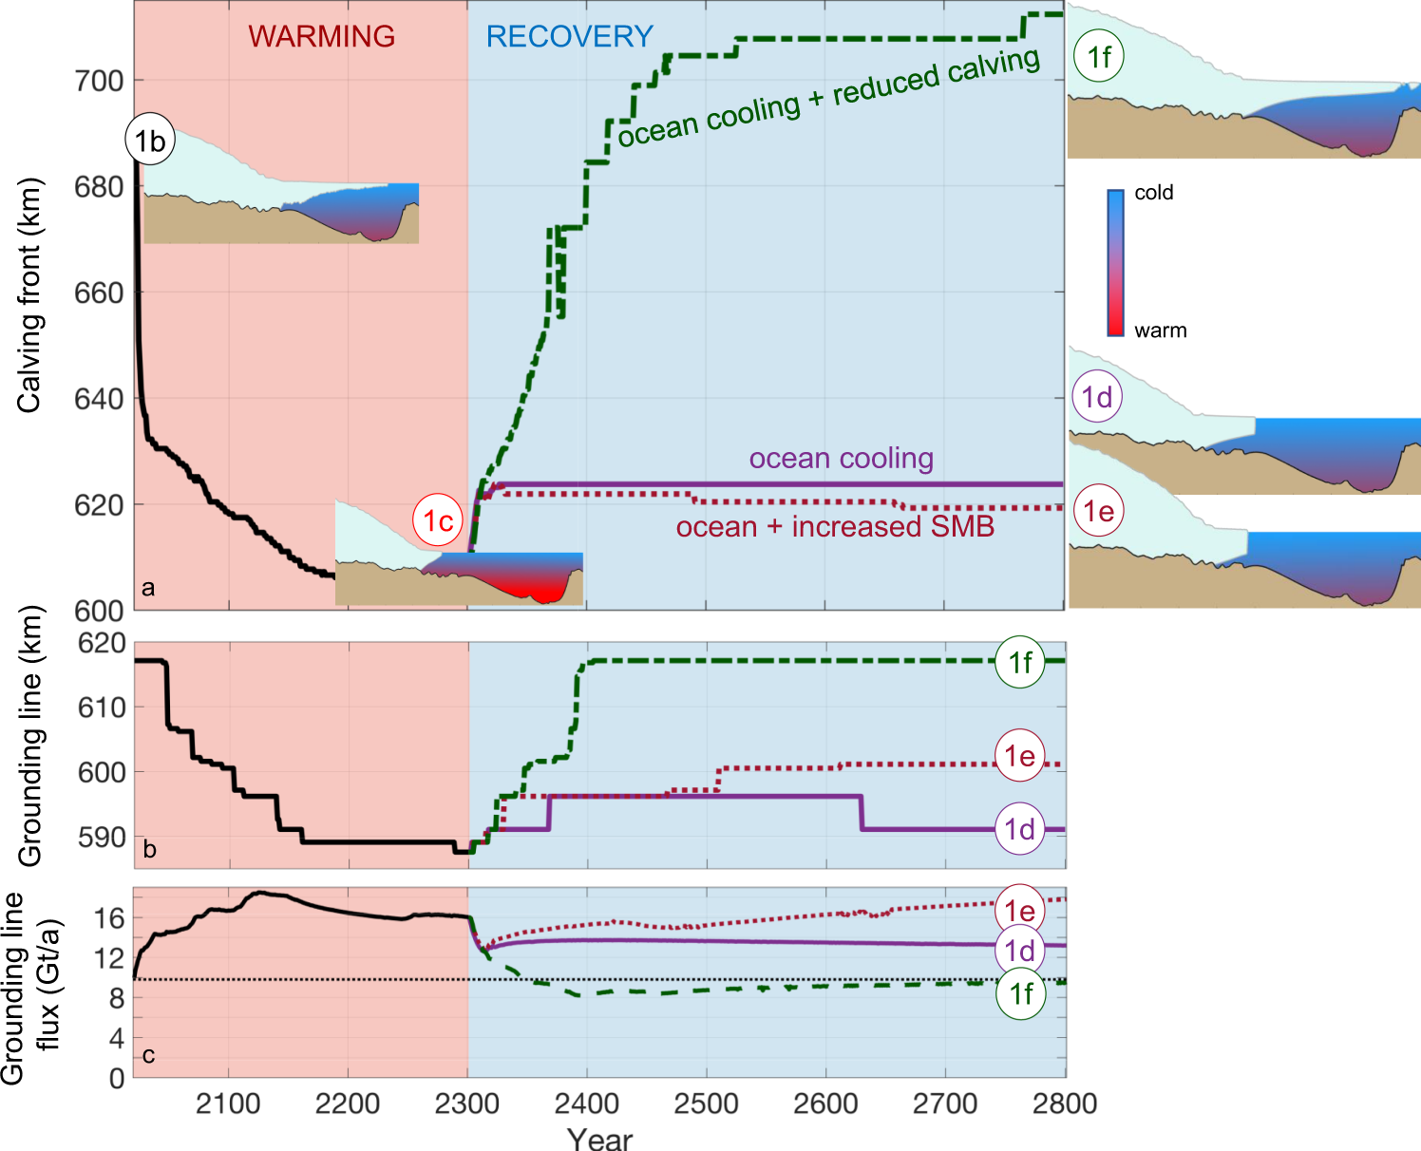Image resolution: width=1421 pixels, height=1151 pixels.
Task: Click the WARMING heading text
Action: (x=321, y=36)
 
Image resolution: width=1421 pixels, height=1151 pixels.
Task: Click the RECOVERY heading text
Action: (x=570, y=36)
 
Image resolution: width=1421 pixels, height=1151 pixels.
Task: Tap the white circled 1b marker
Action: (x=150, y=141)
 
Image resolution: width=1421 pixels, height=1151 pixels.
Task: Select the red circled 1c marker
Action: (x=437, y=520)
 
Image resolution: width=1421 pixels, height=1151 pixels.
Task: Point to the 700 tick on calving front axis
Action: (x=100, y=82)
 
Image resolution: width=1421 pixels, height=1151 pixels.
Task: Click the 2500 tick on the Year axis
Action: (x=706, y=1104)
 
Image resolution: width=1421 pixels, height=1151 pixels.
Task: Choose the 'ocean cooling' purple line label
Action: (x=841, y=459)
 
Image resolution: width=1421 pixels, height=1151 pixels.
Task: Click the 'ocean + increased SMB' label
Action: (x=835, y=527)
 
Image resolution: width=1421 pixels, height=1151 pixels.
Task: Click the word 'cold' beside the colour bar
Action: (x=1154, y=193)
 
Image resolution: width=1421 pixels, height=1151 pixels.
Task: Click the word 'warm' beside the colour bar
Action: (x=1161, y=330)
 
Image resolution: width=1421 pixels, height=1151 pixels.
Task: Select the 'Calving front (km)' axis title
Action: (x=29, y=294)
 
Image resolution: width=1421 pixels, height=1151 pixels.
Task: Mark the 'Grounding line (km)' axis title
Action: (x=29, y=736)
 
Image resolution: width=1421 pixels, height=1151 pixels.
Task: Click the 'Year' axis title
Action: (x=599, y=1138)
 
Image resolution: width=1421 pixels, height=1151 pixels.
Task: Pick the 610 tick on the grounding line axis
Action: (x=102, y=708)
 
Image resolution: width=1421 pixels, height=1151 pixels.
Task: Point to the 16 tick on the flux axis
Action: (x=109, y=917)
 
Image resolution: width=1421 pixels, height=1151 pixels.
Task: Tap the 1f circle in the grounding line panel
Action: (x=1020, y=662)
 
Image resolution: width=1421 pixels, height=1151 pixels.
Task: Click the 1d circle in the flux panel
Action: (x=1020, y=951)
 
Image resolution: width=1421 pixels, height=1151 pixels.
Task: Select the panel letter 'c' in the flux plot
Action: (x=148, y=1055)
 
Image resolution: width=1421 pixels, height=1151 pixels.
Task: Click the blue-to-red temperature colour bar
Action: (x=1115, y=262)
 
